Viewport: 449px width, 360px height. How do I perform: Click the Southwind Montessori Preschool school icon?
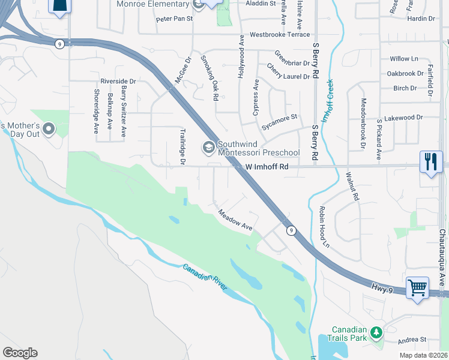click(x=209, y=147)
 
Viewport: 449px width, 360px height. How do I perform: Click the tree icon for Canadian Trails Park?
click(x=376, y=332)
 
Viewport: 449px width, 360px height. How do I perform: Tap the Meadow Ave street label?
click(x=235, y=220)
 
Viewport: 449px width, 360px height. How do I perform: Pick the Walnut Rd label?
click(x=352, y=187)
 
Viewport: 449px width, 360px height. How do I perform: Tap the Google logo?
click(x=20, y=353)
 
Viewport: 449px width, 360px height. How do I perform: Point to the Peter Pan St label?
click(x=174, y=19)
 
